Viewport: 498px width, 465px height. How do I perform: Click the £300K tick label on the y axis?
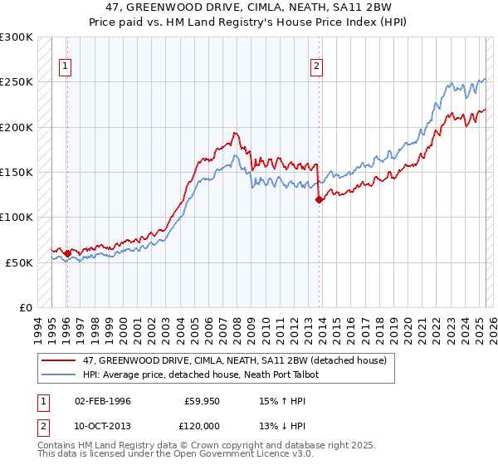tap(17, 37)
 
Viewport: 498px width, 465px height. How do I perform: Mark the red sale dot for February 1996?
tap(67, 253)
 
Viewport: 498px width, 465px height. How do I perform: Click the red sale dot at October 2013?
tap(319, 199)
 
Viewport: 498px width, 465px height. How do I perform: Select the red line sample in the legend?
tap(60, 360)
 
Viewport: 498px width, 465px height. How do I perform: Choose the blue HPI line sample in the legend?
tap(60, 374)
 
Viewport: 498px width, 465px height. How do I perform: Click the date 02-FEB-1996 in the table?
tap(102, 401)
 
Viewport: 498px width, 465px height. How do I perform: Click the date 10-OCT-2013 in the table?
tap(102, 426)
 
